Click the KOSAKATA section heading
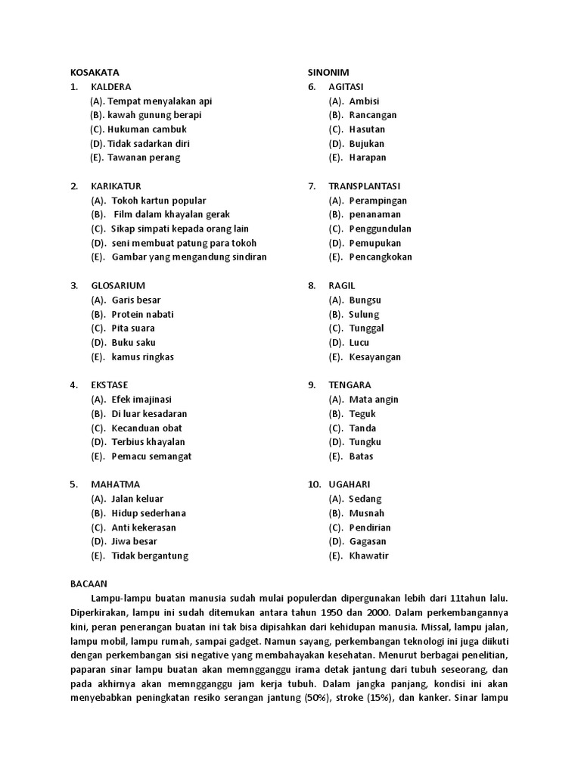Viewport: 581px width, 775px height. coord(95,72)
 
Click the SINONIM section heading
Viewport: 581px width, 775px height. coord(328,72)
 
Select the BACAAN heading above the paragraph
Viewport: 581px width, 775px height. coord(89,584)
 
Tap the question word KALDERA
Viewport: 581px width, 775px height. coord(110,86)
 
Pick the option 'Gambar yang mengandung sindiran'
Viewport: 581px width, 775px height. coord(189,257)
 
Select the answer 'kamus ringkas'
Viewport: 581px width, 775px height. coord(142,356)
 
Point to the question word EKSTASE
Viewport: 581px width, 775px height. coord(110,384)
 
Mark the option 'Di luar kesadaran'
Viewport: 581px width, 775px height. coord(149,413)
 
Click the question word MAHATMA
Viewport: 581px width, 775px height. coord(115,484)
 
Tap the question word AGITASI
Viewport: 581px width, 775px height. coord(346,86)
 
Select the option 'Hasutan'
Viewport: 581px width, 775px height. coord(367,129)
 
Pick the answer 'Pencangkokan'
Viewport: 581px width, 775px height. coord(381,257)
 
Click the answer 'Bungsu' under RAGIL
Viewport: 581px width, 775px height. coord(365,300)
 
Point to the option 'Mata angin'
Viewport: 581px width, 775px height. coord(374,399)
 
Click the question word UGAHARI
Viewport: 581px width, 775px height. coord(349,484)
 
